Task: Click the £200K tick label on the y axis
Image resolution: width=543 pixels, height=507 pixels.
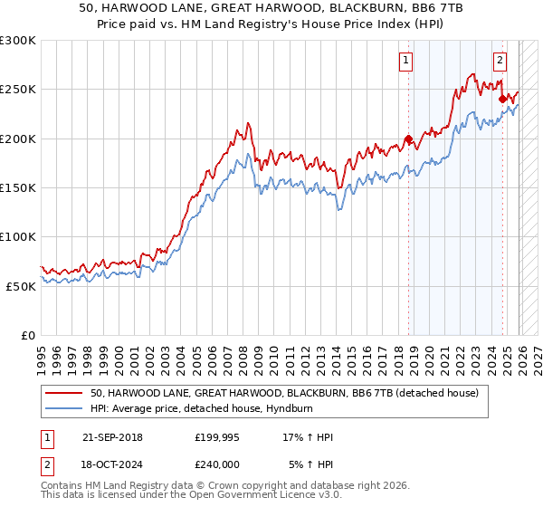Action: (x=18, y=139)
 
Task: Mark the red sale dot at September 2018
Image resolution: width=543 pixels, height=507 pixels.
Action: (x=408, y=139)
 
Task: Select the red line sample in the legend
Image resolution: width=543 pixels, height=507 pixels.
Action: (x=64, y=392)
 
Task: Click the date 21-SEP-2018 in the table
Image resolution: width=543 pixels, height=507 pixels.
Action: (x=111, y=437)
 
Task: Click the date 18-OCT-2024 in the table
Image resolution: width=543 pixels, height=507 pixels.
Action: (x=111, y=464)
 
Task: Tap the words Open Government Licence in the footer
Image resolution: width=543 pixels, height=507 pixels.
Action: (x=226, y=497)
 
